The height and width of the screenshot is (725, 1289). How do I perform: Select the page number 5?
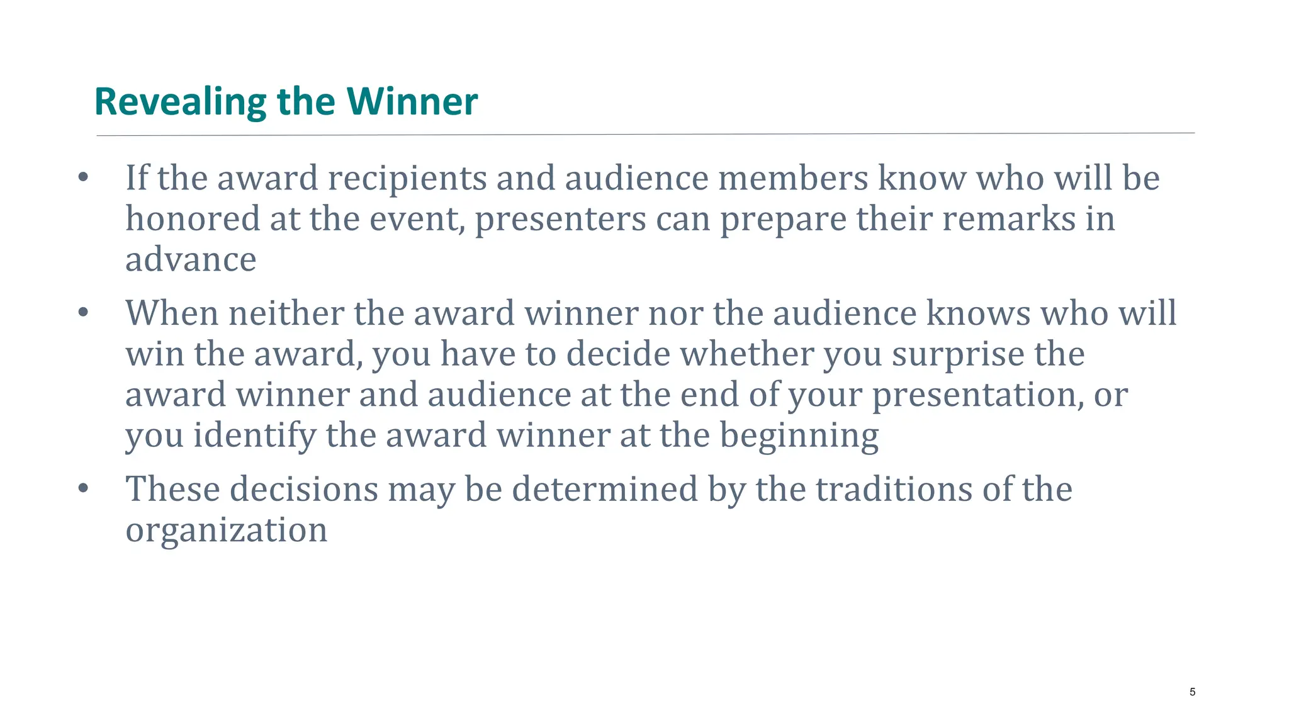pyautogui.click(x=1192, y=692)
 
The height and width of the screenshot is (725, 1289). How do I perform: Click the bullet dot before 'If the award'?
pyautogui.click(x=83, y=178)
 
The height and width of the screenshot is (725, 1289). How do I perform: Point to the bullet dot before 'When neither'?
pyautogui.click(x=83, y=313)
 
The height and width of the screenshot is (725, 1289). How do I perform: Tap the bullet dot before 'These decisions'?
pyautogui.click(x=83, y=488)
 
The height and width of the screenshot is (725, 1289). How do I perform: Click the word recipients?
pyautogui.click(x=407, y=179)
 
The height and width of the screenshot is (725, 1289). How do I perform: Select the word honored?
pyautogui.click(x=193, y=219)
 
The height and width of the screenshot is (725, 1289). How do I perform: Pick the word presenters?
pyautogui.click(x=560, y=219)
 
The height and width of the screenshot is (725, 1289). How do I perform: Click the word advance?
pyautogui.click(x=191, y=259)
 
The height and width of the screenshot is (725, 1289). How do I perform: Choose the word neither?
pyautogui.click(x=286, y=313)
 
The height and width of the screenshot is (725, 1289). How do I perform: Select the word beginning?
pyautogui.click(x=799, y=436)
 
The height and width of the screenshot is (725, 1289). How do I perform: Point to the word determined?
pyautogui.click(x=605, y=489)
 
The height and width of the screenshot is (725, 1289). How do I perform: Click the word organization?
pyautogui.click(x=226, y=530)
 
